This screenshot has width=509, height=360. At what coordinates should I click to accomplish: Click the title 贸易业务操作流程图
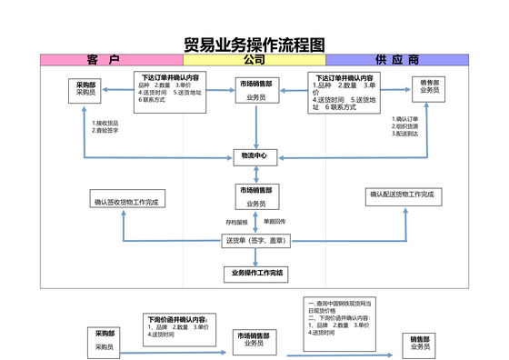254,44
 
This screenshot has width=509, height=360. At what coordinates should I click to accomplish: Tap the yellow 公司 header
254,59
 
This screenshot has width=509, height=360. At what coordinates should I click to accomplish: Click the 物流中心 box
254,156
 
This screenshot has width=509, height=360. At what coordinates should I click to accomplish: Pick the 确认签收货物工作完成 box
126,202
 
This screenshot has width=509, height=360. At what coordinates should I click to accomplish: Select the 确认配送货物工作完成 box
401,195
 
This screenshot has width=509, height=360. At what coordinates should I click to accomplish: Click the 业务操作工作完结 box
257,273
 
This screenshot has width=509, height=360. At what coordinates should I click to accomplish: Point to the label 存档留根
236,221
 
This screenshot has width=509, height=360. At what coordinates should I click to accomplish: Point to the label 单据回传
274,221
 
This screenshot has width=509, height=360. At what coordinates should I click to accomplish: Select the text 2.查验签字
105,130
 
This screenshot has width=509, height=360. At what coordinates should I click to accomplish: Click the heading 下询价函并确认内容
181,320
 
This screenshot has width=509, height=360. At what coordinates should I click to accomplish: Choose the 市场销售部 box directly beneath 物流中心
255,196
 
